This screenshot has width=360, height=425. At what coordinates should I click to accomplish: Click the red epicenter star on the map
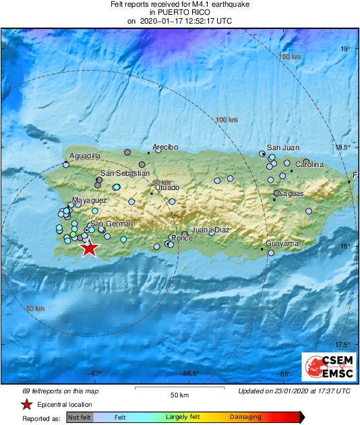[89, 248]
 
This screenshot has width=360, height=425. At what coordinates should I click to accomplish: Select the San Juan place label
[283, 148]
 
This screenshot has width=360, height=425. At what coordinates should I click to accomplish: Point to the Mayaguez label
[90, 201]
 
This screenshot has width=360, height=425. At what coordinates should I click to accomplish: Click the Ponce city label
[183, 238]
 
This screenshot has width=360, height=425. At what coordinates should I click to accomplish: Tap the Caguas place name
[291, 194]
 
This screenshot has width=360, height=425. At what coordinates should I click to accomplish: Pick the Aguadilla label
[85, 156]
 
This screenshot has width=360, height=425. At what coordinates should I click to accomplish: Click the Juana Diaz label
[210, 230]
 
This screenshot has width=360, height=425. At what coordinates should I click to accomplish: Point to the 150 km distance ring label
[289, 57]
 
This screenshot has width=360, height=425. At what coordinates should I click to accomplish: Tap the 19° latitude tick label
[345, 48]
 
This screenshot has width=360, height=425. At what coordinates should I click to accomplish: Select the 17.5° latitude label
[343, 345]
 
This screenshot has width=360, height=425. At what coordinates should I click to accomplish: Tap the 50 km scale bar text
[179, 395]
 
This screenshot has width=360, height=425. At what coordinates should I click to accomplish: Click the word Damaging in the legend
[245, 418]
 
